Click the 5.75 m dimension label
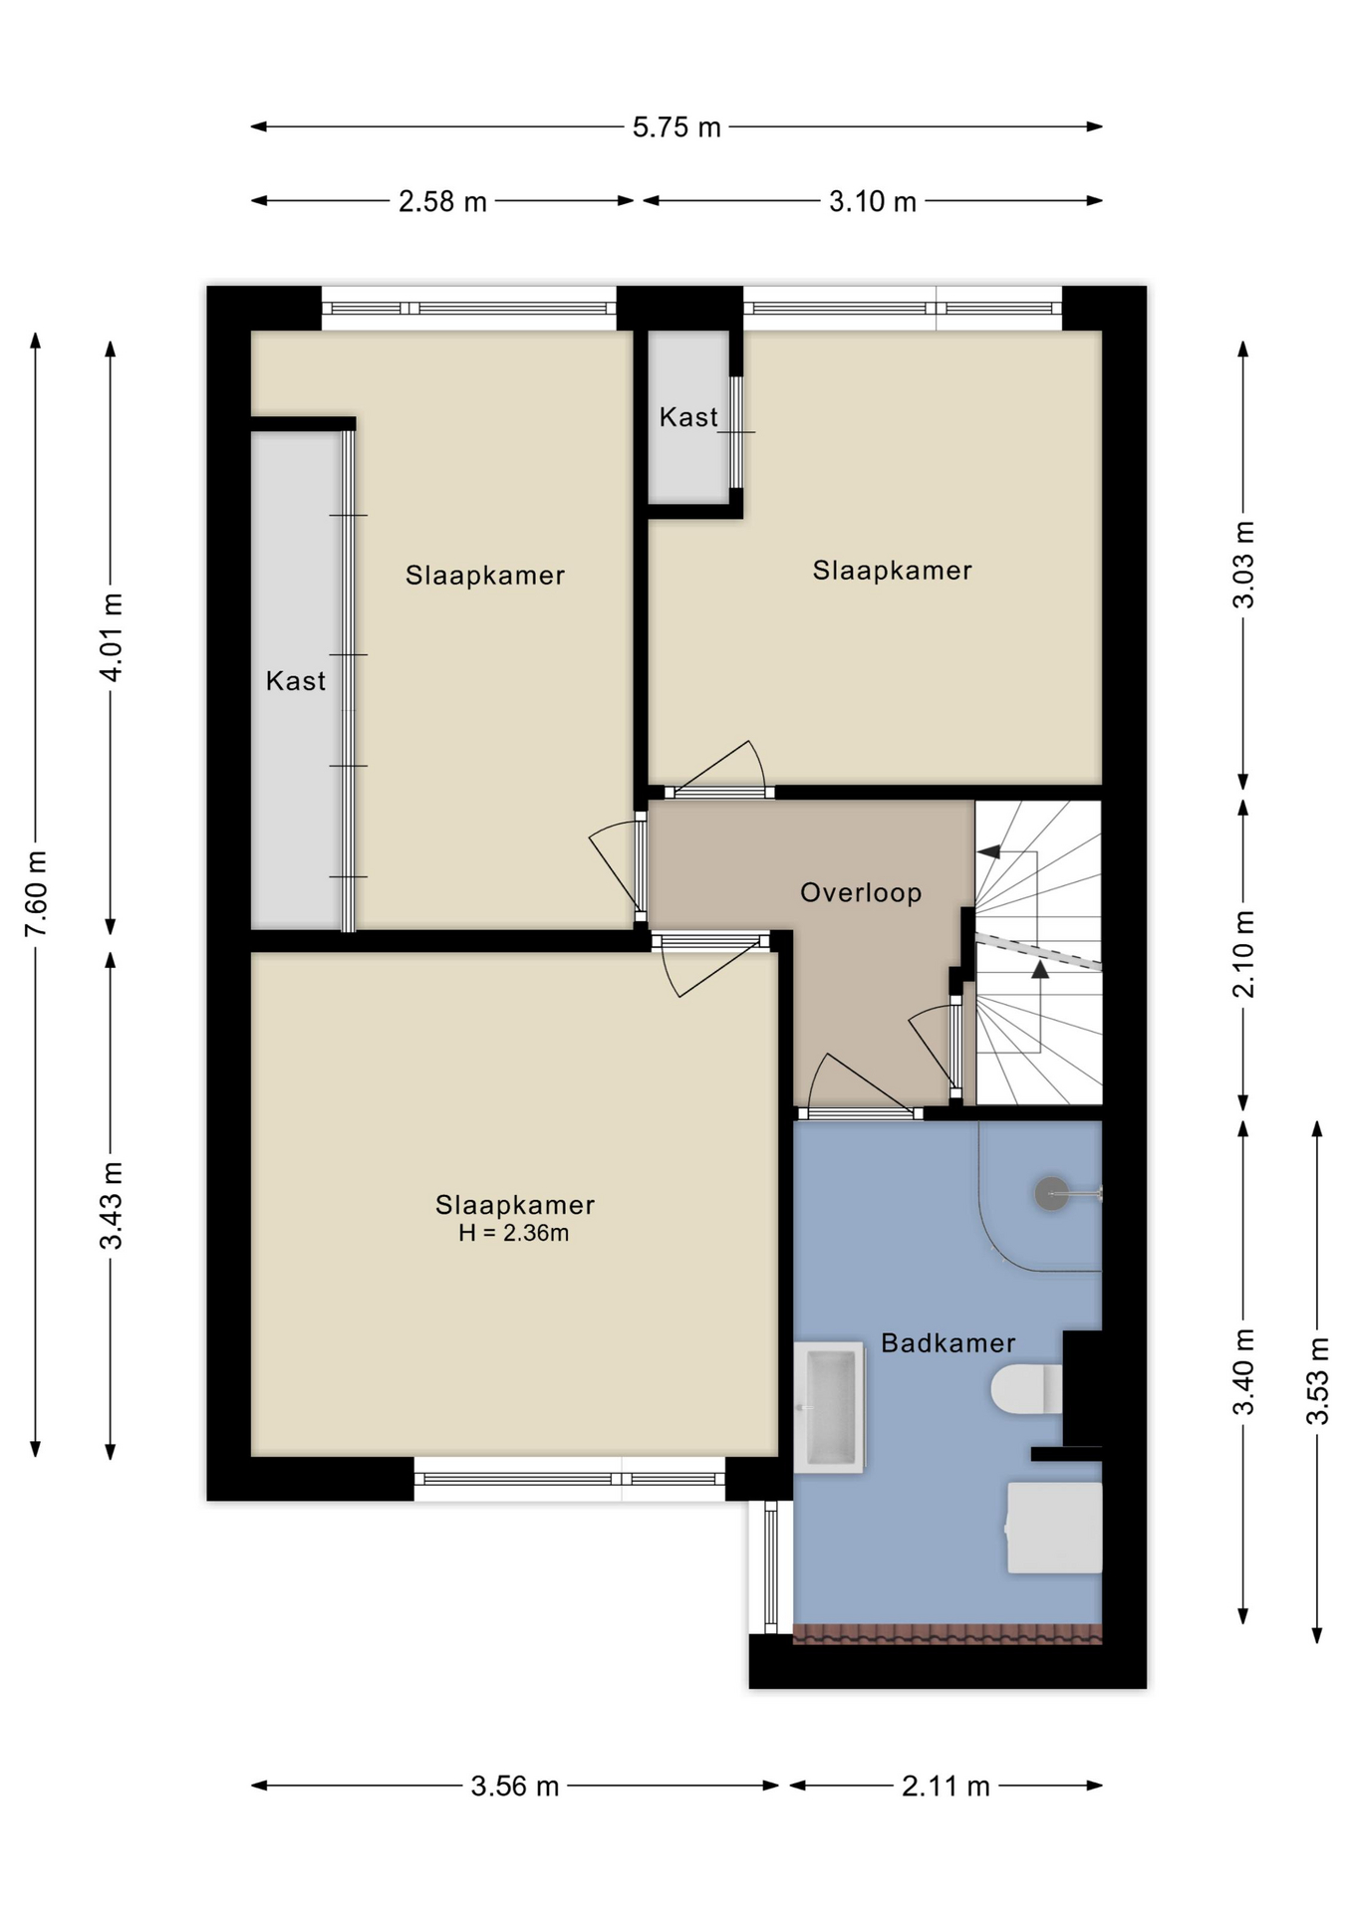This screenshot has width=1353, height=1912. pyautogui.click(x=676, y=127)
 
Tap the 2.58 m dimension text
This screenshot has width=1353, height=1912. pyautogui.click(x=442, y=202)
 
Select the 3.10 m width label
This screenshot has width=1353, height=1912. pyautogui.click(x=872, y=202)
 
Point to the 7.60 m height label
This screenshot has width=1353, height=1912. pyautogui.click(x=37, y=893)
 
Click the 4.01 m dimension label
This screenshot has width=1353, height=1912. pyautogui.click(x=112, y=637)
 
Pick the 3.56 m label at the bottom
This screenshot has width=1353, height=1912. pyautogui.click(x=514, y=1787)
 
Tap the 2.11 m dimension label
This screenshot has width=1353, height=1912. pyautogui.click(x=946, y=1787)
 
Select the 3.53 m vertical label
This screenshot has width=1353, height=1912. pyautogui.click(x=1317, y=1381)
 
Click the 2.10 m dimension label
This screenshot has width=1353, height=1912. pyautogui.click(x=1243, y=954)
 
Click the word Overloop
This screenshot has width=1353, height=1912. pyautogui.click(x=861, y=892)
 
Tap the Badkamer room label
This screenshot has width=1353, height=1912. pyautogui.click(x=947, y=1343)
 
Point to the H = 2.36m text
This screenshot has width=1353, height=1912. pyautogui.click(x=513, y=1233)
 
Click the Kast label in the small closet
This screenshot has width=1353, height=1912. pyautogui.click(x=688, y=417)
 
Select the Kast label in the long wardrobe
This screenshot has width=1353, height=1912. pyautogui.click(x=296, y=681)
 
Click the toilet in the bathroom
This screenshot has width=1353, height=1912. pyautogui.click(x=1027, y=1388)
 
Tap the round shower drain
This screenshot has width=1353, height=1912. pyautogui.click(x=1051, y=1193)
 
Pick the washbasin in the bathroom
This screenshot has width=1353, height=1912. pyautogui.click(x=830, y=1407)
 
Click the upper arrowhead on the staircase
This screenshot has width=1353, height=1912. pyautogui.click(x=989, y=851)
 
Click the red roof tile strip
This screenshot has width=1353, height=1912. pyautogui.click(x=947, y=1634)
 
